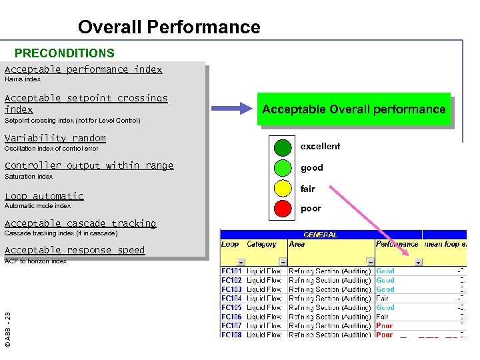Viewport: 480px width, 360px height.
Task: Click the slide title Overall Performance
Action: [x=169, y=27]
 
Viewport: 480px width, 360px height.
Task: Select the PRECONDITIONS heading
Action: [x=65, y=53]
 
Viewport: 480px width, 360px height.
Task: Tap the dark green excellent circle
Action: [x=283, y=147]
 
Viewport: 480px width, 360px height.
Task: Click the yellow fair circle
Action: [x=283, y=189]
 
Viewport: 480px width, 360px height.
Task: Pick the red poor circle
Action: [x=283, y=209]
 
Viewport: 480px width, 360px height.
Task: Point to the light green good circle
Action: [x=283, y=168]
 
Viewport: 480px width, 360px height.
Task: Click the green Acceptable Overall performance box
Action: [x=354, y=109]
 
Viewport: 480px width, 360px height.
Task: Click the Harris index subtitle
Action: [x=23, y=79]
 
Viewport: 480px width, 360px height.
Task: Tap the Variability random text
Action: [x=55, y=138]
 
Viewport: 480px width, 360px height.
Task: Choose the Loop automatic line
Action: [x=44, y=196]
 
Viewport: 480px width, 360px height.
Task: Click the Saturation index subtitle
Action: [x=29, y=177]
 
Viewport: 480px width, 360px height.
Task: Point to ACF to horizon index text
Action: [x=36, y=261]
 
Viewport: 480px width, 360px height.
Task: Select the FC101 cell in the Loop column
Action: [x=232, y=271]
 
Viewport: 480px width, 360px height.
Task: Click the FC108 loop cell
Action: [x=232, y=335]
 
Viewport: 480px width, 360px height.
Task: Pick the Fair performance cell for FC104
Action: [x=383, y=299]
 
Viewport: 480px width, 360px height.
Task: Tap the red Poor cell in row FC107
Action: [x=385, y=326]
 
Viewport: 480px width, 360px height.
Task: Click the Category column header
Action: [x=261, y=244]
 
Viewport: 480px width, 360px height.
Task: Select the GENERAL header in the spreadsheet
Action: [x=321, y=235]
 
